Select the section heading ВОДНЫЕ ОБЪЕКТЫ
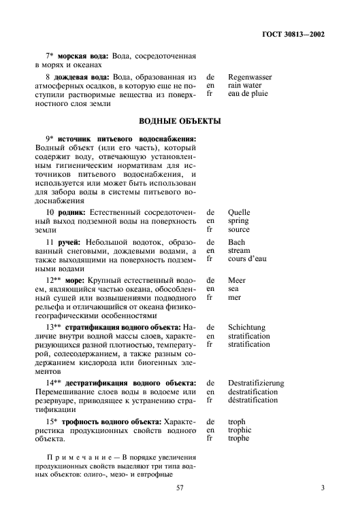(x=180, y=121)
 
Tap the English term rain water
(x=246, y=86)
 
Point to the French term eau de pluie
(x=247, y=95)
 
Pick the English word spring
(x=239, y=221)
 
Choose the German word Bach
(x=237, y=242)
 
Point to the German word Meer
(x=238, y=280)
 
